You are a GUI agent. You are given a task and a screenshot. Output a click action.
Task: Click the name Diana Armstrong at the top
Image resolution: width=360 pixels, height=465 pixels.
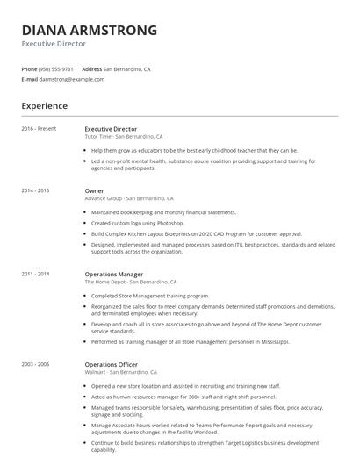click(x=89, y=30)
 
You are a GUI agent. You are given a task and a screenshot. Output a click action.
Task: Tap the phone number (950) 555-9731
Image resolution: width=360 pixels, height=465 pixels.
click(x=56, y=68)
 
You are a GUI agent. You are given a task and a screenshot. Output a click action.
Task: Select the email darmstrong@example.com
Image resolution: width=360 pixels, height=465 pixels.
click(x=72, y=79)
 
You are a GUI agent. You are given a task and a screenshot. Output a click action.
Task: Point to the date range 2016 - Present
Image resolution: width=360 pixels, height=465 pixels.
click(x=39, y=129)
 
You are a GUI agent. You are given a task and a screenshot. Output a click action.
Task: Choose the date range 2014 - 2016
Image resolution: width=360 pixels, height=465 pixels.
click(x=35, y=190)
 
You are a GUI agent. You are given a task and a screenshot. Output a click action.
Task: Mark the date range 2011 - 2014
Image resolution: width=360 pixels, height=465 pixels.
click(x=35, y=274)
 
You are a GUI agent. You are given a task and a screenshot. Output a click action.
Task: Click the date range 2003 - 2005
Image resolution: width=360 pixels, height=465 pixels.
click(x=35, y=363)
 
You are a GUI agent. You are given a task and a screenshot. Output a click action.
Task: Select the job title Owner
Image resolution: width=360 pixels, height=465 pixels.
click(x=94, y=190)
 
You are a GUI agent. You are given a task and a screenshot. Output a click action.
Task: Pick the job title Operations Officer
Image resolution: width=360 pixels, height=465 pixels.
click(x=111, y=363)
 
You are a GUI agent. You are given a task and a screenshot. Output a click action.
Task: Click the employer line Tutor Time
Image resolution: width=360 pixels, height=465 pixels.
click(x=123, y=137)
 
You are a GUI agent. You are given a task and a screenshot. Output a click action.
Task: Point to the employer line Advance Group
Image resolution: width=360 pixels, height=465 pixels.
click(x=128, y=198)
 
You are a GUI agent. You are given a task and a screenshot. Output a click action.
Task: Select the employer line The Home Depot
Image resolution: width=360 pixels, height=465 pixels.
click(x=131, y=282)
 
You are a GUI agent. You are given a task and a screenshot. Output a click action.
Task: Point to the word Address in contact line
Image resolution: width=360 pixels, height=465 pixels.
click(x=91, y=68)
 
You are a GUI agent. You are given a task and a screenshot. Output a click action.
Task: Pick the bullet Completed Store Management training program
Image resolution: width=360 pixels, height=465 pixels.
click(x=150, y=296)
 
